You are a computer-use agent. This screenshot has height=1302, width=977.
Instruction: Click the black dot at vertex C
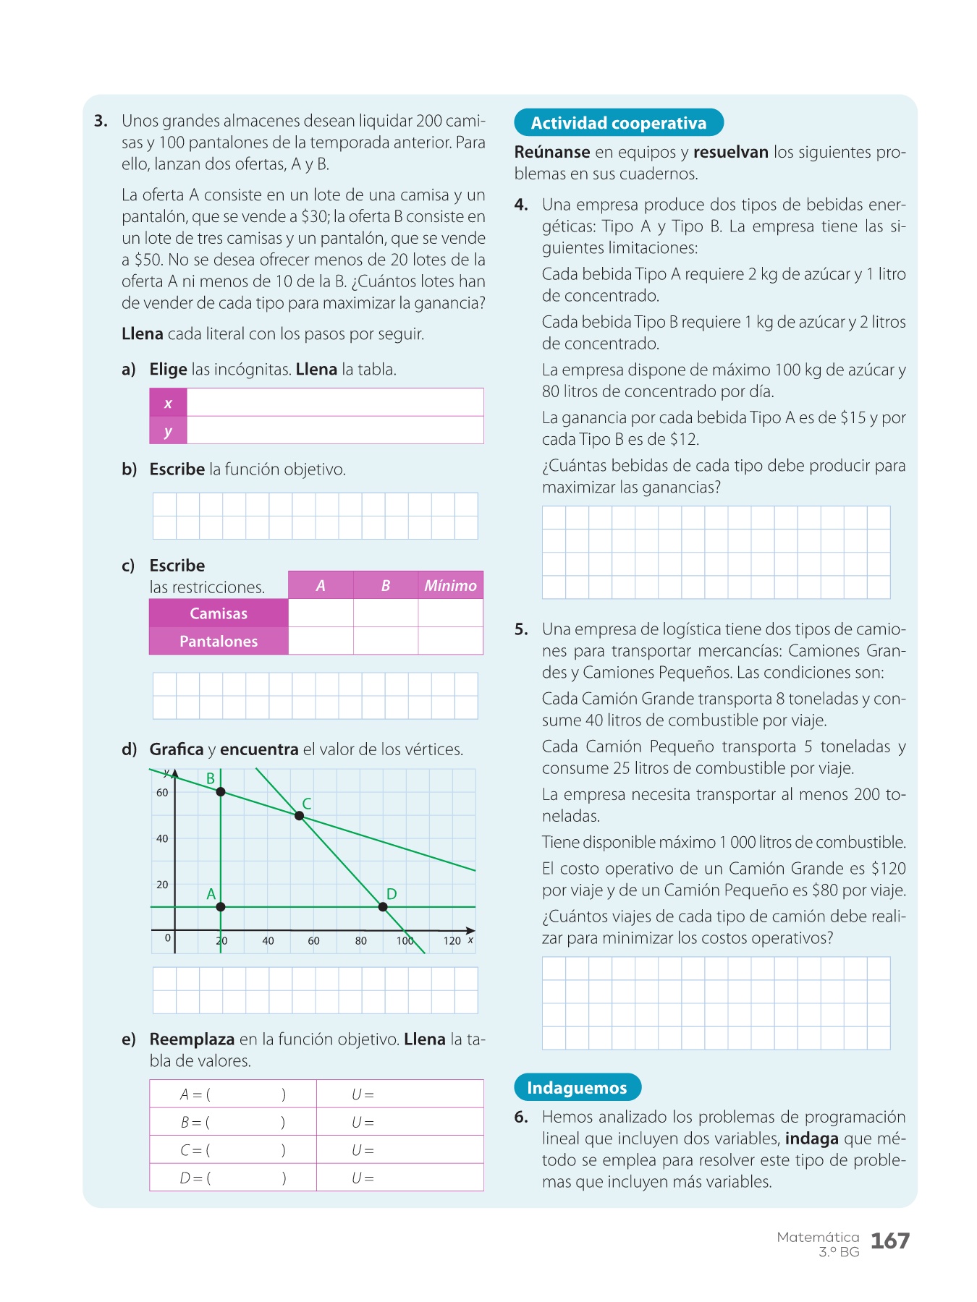click(299, 816)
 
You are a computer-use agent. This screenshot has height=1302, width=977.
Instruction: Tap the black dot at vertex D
click(383, 907)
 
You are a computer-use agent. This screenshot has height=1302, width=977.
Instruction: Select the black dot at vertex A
click(221, 907)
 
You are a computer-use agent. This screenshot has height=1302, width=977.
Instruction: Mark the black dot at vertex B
click(221, 792)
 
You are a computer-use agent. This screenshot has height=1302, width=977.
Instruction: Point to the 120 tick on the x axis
click(452, 940)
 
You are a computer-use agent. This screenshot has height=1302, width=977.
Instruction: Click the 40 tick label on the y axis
click(162, 839)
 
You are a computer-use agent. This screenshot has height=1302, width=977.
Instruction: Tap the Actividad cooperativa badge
click(619, 123)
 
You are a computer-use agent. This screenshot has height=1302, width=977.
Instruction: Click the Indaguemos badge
click(577, 1088)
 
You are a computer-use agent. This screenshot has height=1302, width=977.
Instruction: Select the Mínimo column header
click(450, 586)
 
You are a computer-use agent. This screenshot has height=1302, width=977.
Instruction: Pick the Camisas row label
click(219, 613)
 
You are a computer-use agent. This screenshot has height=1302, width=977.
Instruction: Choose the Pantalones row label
click(219, 642)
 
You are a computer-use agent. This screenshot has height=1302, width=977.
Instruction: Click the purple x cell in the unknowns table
click(168, 403)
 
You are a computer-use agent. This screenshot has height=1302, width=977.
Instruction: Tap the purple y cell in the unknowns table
click(168, 431)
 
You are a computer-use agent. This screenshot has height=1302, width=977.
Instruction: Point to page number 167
click(889, 1241)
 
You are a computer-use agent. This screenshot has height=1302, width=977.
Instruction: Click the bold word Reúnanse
click(552, 153)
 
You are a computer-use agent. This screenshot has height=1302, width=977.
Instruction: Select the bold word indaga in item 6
click(811, 1139)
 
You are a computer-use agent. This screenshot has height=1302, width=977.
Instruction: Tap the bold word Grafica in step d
click(177, 749)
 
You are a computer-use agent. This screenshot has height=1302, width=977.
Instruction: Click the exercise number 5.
click(521, 629)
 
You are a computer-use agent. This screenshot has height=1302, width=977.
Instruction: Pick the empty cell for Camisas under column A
click(321, 613)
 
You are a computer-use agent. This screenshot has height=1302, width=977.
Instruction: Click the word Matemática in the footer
click(818, 1237)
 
